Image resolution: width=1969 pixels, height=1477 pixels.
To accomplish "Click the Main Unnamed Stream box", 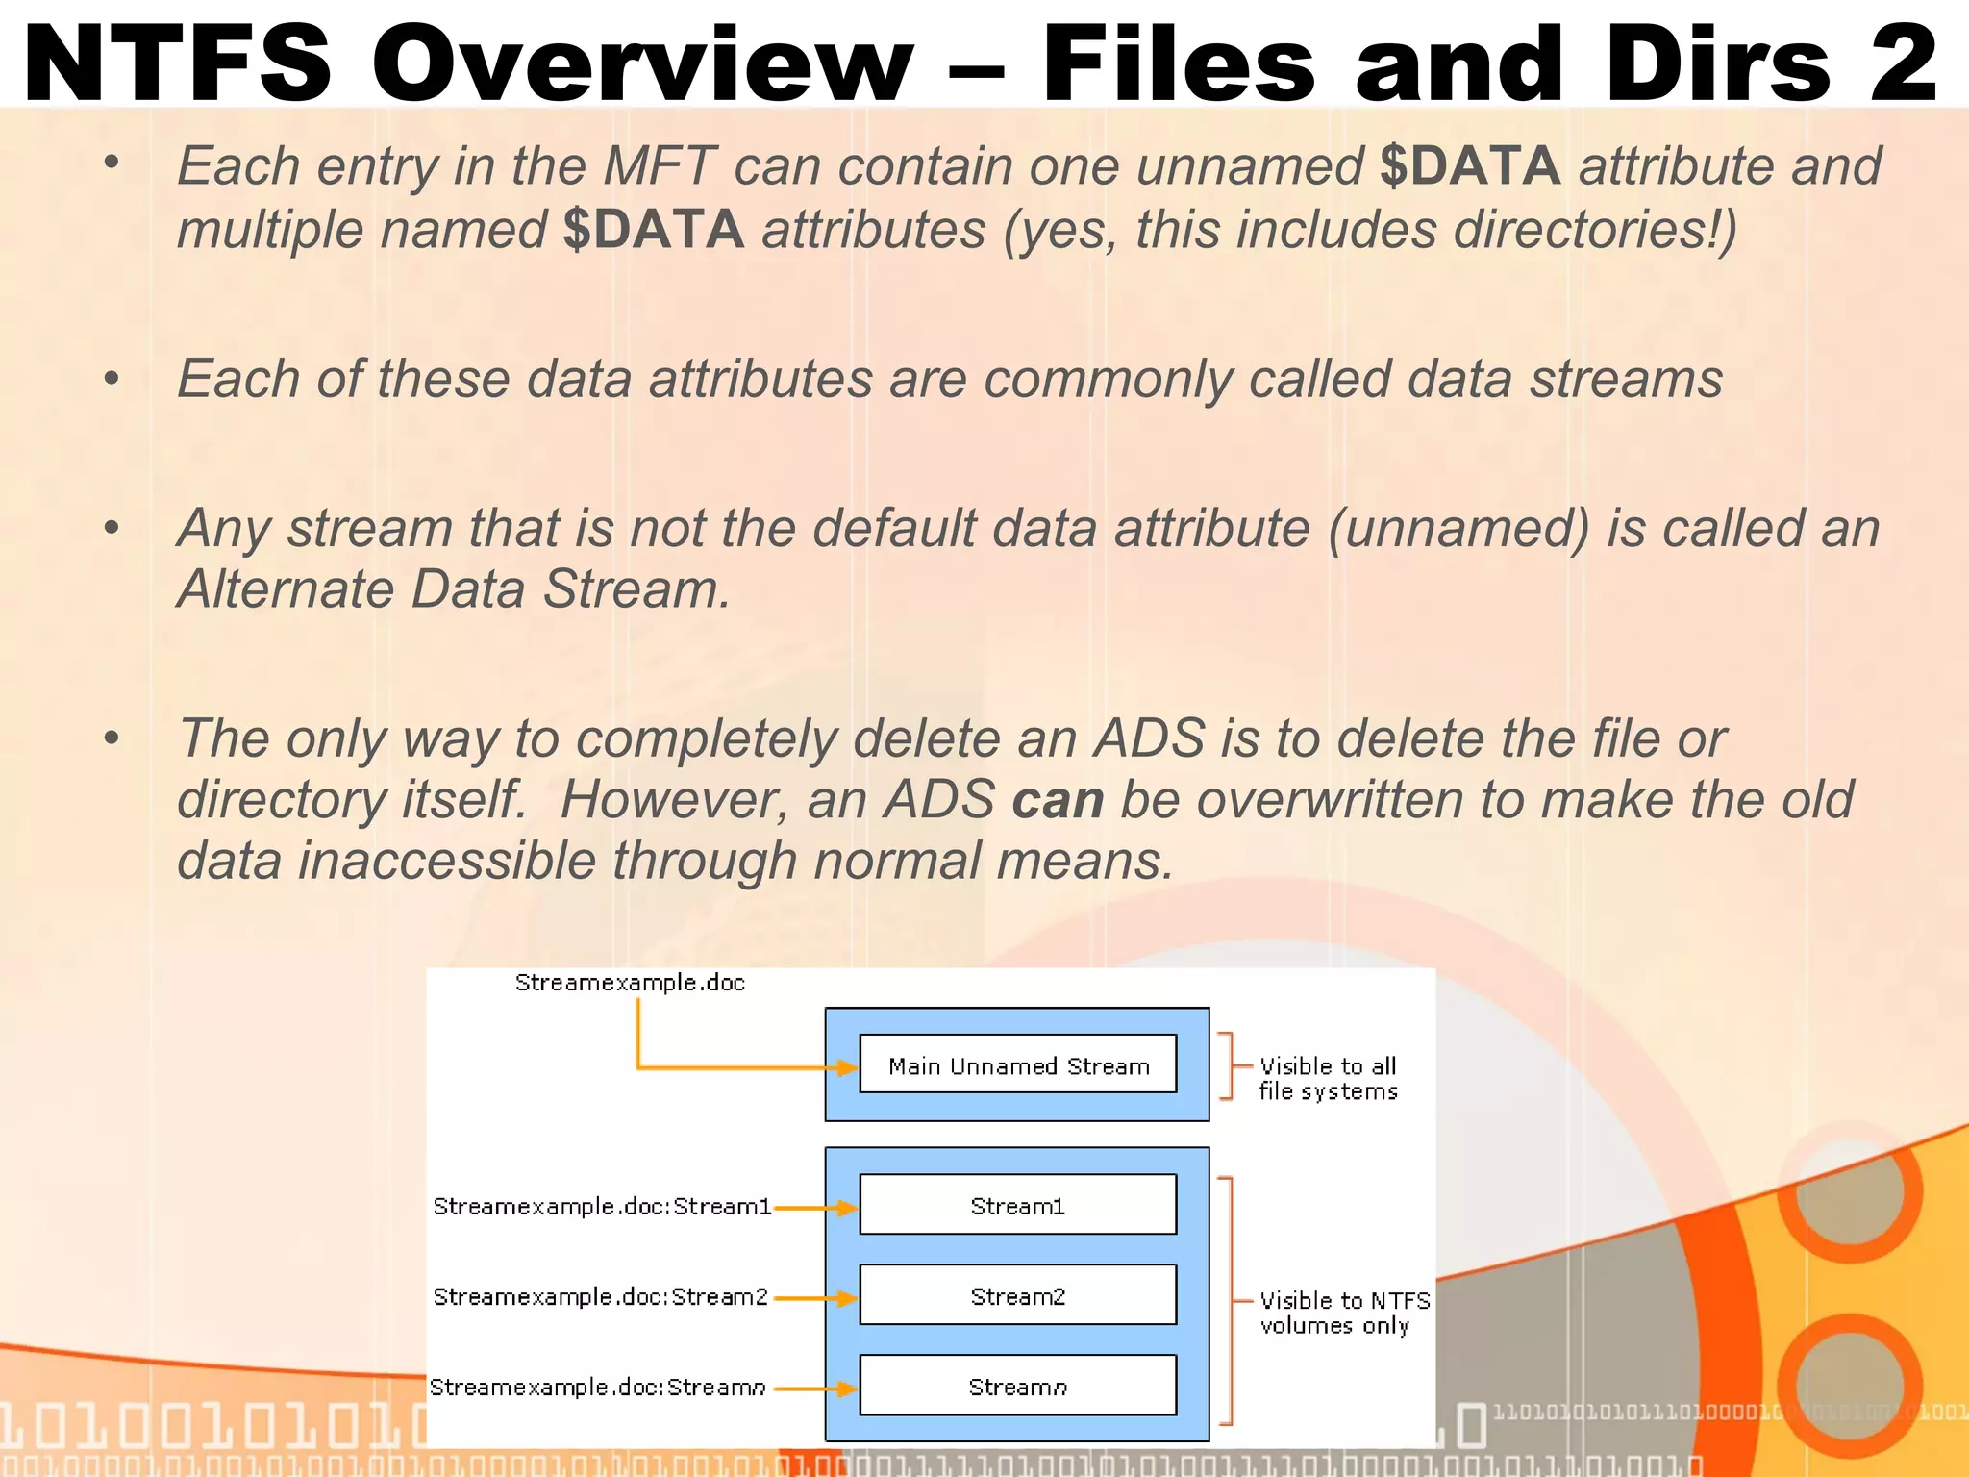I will pos(1017,1064).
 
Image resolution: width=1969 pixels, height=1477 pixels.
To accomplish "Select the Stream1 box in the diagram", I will pos(1017,1205).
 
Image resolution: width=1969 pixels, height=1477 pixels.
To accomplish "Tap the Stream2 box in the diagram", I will pos(1017,1295).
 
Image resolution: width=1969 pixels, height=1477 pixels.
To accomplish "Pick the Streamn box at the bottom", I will pos(1017,1386).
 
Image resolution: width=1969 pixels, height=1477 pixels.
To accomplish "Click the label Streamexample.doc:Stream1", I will pos(602,1206).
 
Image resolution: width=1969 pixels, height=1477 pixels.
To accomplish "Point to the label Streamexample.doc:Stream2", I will pos(600,1296).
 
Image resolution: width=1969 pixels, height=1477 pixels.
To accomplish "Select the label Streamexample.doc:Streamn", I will pos(597,1387).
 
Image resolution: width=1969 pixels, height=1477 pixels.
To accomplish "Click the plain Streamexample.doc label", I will pos(630,982).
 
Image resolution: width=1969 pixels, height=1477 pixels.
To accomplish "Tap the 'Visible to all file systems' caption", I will pos(1328,1078).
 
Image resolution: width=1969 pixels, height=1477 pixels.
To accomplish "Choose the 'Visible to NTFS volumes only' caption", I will pos(1343,1313).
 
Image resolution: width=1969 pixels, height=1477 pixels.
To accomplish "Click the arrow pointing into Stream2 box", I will pos(815,1298).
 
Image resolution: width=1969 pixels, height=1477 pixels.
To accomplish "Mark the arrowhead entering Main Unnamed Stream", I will pos(846,1067).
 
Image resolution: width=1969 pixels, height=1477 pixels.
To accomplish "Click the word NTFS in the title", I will pos(178,63).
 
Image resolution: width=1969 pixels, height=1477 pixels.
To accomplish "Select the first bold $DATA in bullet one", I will pos(1469,165).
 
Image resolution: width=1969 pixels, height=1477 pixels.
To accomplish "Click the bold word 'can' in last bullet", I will pos(1058,800).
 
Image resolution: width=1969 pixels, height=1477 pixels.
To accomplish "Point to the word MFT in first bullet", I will pos(660,165).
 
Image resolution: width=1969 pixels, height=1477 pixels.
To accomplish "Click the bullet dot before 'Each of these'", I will pos(112,378).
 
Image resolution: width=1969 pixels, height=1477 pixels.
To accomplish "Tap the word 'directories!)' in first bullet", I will pos(1595,230).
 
